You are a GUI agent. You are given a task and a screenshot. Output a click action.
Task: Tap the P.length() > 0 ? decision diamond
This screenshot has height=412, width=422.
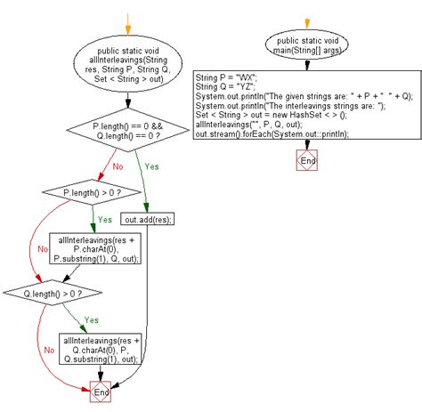pos(93,191)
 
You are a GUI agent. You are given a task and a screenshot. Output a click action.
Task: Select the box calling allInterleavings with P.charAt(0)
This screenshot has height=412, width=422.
pos(93,249)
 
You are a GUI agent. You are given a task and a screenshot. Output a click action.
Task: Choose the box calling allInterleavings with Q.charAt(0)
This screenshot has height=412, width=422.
pos(102,348)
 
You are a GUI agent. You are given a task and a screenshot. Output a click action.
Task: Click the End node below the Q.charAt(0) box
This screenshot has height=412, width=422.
pos(101,392)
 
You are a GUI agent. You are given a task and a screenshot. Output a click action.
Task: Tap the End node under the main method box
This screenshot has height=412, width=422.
pos(306,161)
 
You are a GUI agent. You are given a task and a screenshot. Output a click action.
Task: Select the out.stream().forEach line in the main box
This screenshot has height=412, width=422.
pos(272,134)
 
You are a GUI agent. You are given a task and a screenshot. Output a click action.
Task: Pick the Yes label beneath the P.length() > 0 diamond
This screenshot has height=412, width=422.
pos(105,218)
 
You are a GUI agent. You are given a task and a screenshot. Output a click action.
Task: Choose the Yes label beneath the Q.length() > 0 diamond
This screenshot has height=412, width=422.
pos(91,319)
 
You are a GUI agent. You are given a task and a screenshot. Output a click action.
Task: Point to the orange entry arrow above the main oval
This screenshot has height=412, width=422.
pos(306,22)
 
